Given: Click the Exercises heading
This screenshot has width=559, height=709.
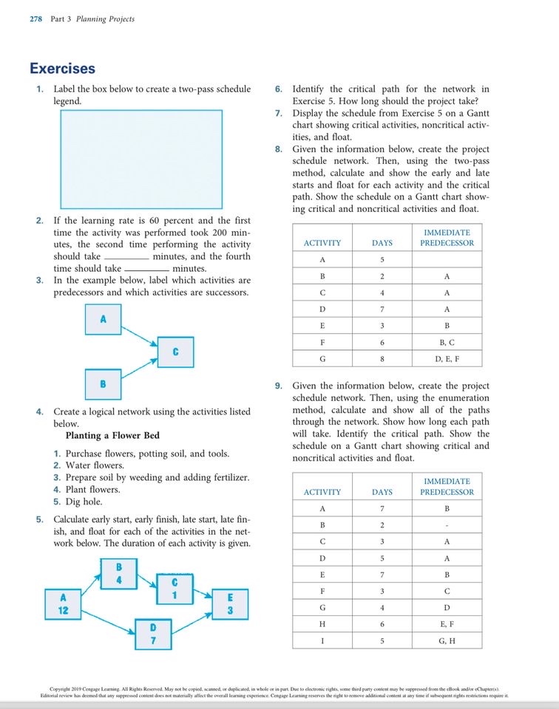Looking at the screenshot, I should [x=62, y=69].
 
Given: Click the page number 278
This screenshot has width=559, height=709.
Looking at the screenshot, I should [x=35, y=18].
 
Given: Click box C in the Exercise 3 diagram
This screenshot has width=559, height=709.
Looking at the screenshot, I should [x=175, y=352].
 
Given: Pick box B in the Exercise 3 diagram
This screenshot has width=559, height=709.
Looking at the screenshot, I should [x=103, y=384].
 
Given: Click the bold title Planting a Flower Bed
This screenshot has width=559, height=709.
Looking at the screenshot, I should [x=112, y=435].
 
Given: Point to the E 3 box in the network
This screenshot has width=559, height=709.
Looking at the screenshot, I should [x=230, y=604].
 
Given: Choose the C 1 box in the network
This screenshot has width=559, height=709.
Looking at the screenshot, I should [x=174, y=589].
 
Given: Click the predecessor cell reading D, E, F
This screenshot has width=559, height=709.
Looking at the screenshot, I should [x=447, y=359].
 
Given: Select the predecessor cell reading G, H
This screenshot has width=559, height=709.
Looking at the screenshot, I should [x=447, y=640].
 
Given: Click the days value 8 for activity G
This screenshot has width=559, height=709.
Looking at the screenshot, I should [x=382, y=359].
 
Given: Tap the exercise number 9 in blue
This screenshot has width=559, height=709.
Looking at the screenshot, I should [x=278, y=386].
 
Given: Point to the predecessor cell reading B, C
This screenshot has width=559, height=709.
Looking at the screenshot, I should [x=447, y=343].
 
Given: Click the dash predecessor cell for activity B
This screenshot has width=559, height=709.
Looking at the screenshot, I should [x=447, y=525].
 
